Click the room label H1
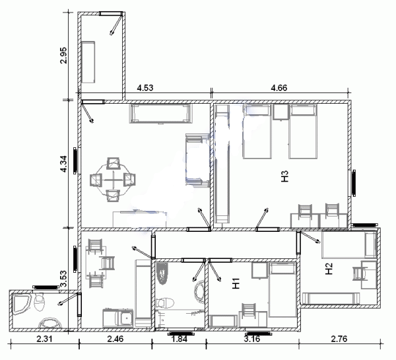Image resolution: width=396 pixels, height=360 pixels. coord(236,283)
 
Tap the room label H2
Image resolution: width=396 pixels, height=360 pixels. coord(329,269)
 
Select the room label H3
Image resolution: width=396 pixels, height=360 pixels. coord(284,176)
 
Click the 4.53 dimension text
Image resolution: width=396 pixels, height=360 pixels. coord(145,88)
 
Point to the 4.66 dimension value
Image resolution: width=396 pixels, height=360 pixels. coord(279,88)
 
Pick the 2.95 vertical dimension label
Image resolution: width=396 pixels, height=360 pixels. coord(63,55)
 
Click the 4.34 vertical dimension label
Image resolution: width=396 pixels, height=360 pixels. coord(63,164)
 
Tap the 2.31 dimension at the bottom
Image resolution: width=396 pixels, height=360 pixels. coord(44,338)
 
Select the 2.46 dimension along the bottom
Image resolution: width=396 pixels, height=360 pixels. coord(115,338)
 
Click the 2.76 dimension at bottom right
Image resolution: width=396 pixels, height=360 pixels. coord(339,338)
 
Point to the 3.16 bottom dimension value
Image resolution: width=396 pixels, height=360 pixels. coord(252,338)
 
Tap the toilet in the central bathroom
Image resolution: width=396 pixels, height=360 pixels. coord(165,303)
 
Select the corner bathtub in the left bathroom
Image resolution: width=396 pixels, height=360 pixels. coord(22,303)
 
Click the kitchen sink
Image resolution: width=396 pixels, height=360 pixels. coord(126,318)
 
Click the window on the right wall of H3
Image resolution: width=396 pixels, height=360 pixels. coord(354,183)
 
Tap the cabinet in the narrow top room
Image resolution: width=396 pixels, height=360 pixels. coord(88,62)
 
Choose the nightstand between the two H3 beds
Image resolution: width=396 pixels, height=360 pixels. coord(280,112)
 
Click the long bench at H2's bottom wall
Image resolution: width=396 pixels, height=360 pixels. coord(331,299)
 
